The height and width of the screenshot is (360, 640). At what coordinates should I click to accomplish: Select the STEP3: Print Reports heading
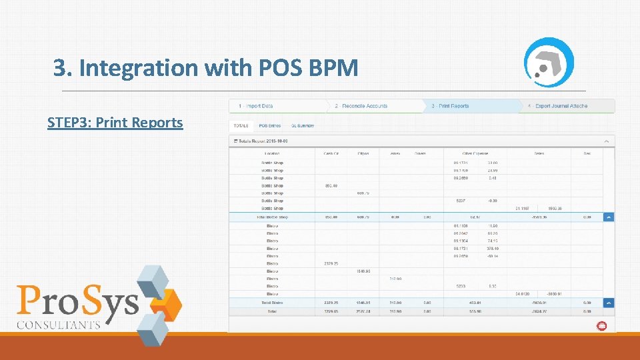pyautogui.click(x=115, y=123)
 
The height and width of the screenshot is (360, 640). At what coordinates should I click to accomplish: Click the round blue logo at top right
pyautogui.click(x=549, y=62)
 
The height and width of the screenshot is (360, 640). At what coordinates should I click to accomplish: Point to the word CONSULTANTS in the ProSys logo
pyautogui.click(x=59, y=325)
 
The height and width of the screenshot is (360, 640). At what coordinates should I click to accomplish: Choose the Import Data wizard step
pyautogui.click(x=257, y=106)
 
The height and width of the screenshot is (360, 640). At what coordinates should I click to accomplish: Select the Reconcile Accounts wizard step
pyautogui.click(x=363, y=106)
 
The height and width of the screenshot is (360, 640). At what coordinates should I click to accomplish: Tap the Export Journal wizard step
pyautogui.click(x=561, y=106)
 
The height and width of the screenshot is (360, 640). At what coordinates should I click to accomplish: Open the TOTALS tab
pyautogui.click(x=240, y=125)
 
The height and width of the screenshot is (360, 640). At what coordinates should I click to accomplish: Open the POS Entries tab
pyautogui.click(x=270, y=125)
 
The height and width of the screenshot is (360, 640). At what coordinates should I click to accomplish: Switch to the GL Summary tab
pyautogui.click(x=302, y=125)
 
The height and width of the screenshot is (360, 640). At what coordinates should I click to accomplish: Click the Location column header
pyautogui.click(x=271, y=153)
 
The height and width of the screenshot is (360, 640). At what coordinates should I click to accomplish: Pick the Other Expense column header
pyautogui.click(x=475, y=153)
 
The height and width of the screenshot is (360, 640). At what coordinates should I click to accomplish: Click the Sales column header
pyautogui.click(x=539, y=153)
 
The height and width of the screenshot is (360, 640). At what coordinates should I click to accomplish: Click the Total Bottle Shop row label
pyautogui.click(x=271, y=217)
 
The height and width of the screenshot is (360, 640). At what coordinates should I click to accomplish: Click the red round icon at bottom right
pyautogui.click(x=601, y=326)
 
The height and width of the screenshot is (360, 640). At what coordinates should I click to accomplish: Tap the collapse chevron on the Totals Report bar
pyautogui.click(x=606, y=141)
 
